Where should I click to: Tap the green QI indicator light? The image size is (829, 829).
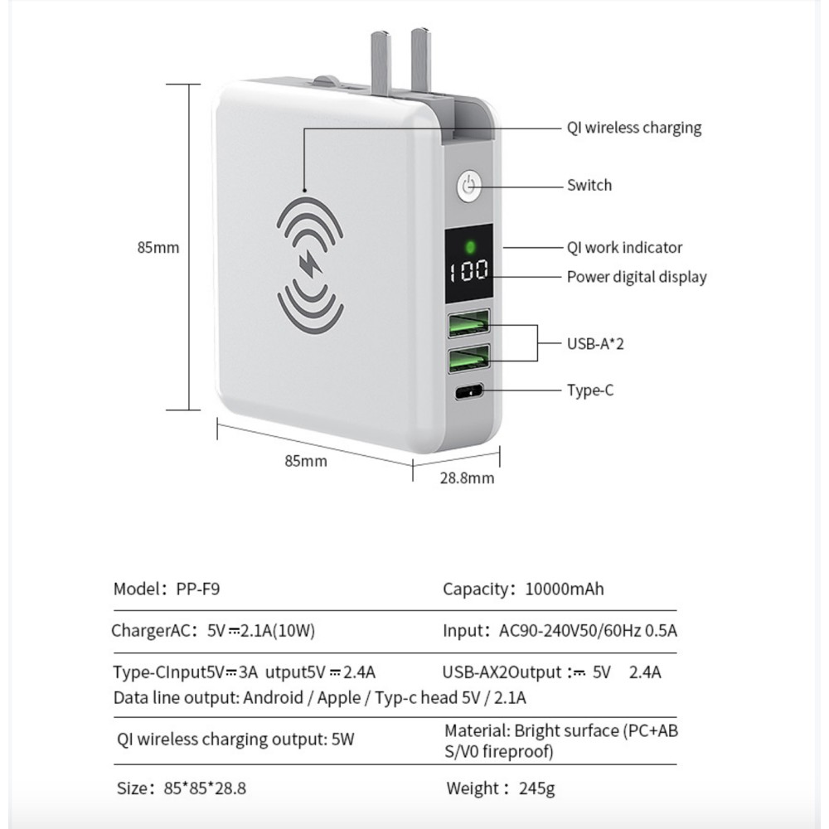(470, 246)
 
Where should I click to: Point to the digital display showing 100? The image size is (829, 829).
(470, 271)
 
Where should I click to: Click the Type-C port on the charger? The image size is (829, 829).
(469, 391)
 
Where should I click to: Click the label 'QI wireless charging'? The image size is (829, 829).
(633, 128)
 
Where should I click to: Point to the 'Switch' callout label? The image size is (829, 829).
(589, 185)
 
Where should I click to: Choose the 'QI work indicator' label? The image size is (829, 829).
(624, 247)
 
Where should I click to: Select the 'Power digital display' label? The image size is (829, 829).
(636, 277)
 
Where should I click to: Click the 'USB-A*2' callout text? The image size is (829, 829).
(595, 342)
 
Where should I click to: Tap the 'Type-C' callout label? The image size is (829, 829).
(589, 390)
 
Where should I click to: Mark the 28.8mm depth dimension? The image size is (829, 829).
(467, 478)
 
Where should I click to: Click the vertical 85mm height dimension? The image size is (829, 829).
(158, 247)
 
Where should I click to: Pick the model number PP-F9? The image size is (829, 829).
(198, 589)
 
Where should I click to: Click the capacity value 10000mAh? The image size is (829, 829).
(565, 589)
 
